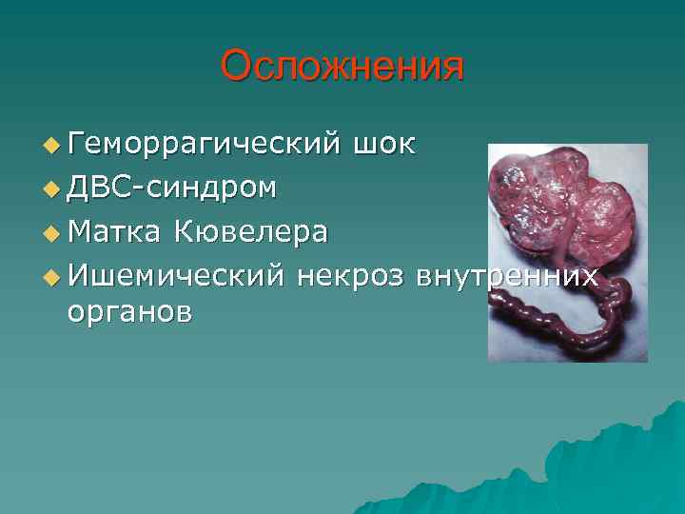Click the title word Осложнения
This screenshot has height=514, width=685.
coord(342,67)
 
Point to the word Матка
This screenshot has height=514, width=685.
coord(112,231)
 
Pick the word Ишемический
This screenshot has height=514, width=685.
coord(176,275)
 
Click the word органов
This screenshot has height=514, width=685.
coord(129,311)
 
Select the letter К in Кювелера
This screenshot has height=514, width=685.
coord(184,231)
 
